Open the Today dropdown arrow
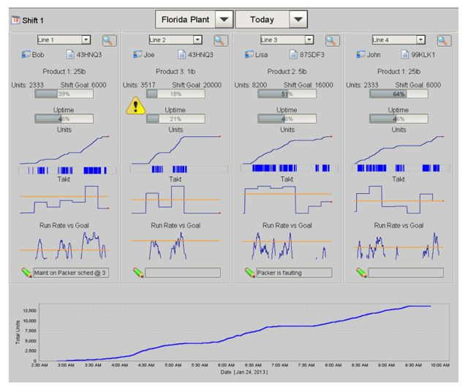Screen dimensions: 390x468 point(298,20)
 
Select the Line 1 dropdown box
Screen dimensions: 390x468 point(64,40)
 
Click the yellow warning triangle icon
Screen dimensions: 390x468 point(136,107)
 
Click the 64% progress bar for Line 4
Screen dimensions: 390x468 point(398,94)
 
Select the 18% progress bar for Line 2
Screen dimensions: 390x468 point(175,94)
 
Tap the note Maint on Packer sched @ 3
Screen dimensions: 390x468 point(71,273)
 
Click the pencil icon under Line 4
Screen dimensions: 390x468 point(361,273)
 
